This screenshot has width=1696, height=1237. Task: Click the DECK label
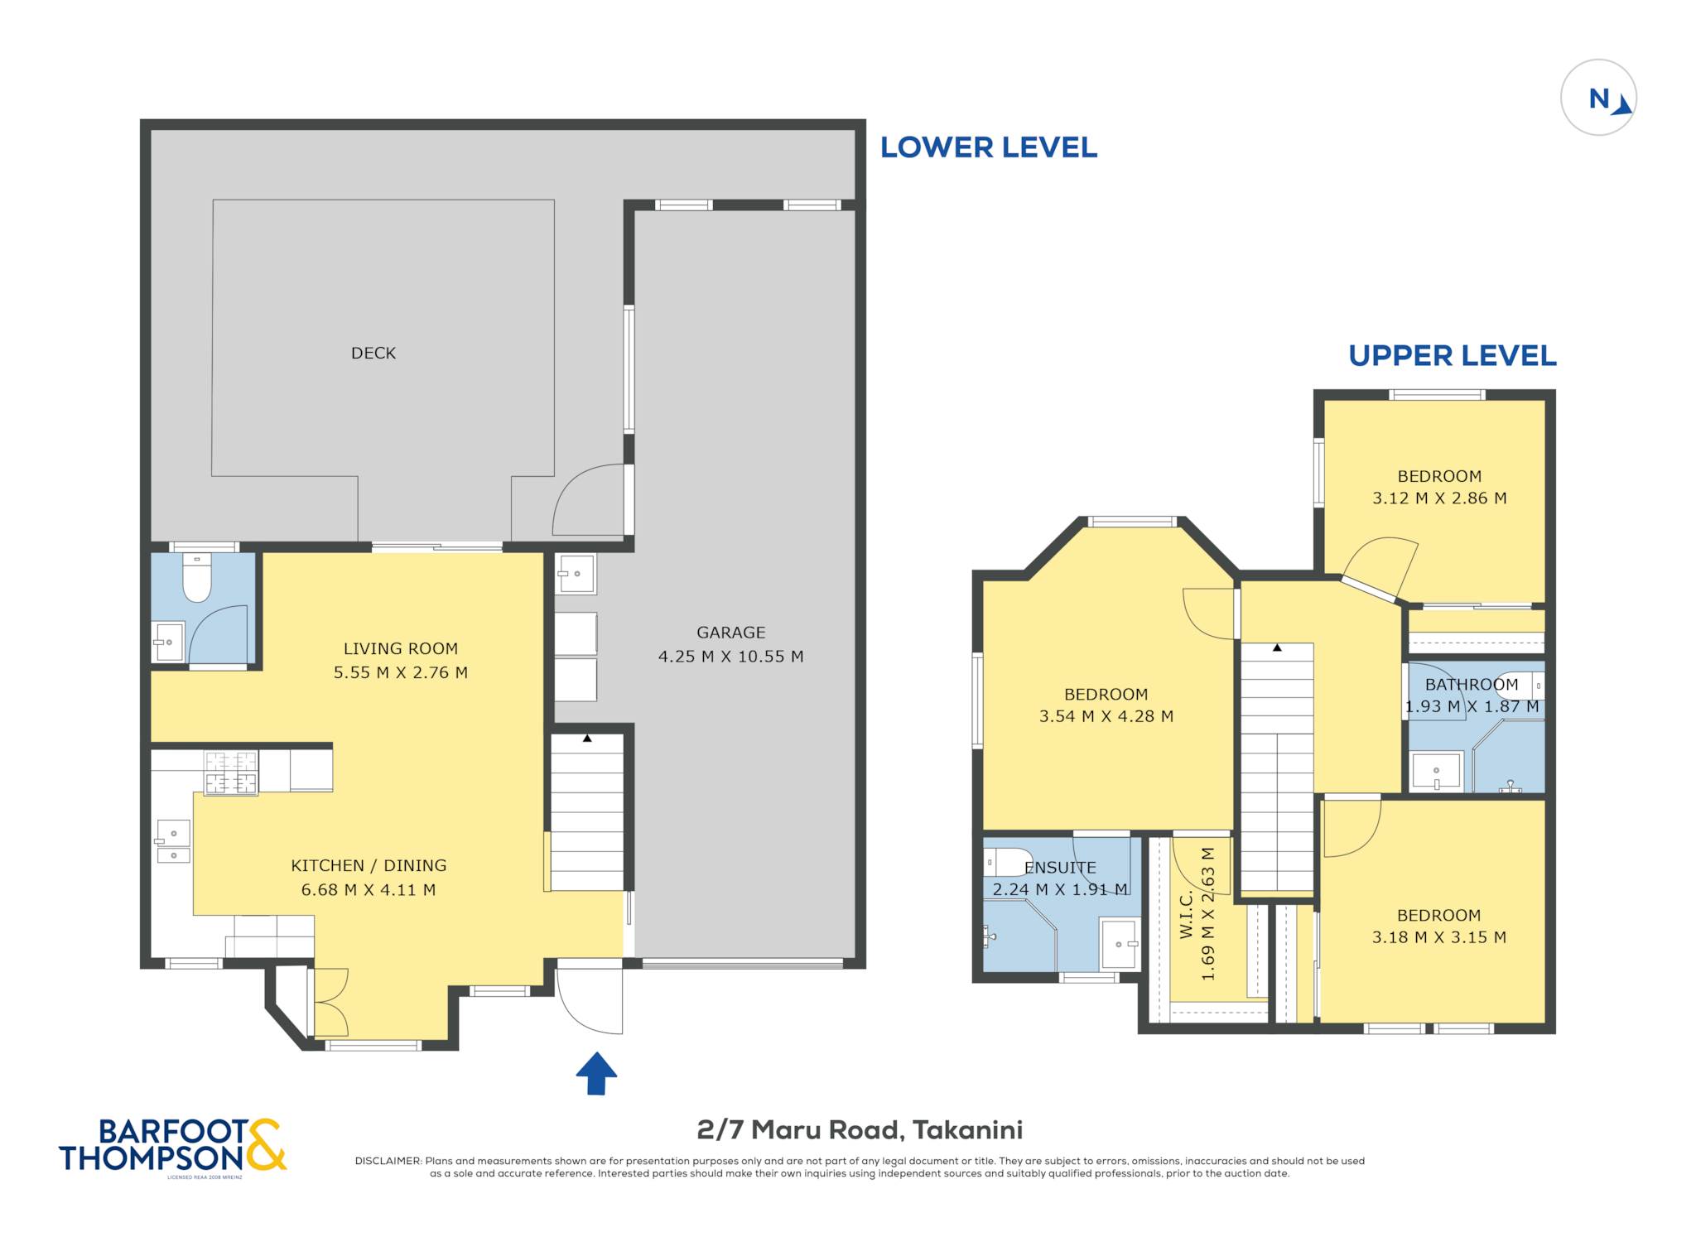(x=373, y=354)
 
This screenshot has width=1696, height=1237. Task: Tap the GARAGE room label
(x=731, y=633)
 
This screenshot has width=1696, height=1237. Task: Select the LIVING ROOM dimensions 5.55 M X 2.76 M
(x=401, y=673)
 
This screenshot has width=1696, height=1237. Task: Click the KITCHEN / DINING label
(x=369, y=866)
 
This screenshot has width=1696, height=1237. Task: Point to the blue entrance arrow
(x=596, y=1074)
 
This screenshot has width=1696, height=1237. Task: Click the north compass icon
(x=1598, y=98)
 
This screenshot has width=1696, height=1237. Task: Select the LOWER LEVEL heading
(x=989, y=148)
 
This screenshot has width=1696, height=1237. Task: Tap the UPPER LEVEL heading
(x=1453, y=356)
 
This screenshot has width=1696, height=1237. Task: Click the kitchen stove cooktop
(x=231, y=773)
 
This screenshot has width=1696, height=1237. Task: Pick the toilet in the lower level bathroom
(x=197, y=577)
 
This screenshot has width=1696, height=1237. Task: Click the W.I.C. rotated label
(x=1186, y=914)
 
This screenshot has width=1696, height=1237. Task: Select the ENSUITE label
(x=1060, y=868)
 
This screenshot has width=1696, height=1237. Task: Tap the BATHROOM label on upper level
(x=1472, y=685)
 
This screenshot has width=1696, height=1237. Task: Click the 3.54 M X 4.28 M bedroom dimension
(x=1106, y=717)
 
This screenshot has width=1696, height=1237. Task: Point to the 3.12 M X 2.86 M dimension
(x=1439, y=498)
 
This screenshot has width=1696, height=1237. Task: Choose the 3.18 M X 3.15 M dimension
(x=1439, y=938)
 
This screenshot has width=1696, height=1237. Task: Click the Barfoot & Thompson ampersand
(x=266, y=1144)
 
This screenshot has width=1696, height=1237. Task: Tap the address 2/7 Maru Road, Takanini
(x=860, y=1130)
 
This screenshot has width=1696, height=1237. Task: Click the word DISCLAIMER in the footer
(x=388, y=1161)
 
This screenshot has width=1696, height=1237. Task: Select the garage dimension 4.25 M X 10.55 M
(x=731, y=657)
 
